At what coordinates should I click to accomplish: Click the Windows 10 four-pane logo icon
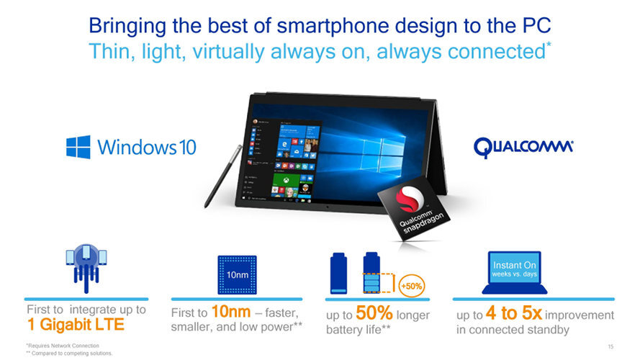coord(78,147)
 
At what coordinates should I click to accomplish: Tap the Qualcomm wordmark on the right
coord(523,148)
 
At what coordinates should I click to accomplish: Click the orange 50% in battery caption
coord(374,315)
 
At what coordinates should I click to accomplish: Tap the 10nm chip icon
coord(237,275)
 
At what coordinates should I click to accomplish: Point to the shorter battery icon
coord(338,275)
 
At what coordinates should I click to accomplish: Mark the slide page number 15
coord(610,346)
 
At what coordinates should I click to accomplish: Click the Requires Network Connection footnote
coord(58,346)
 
